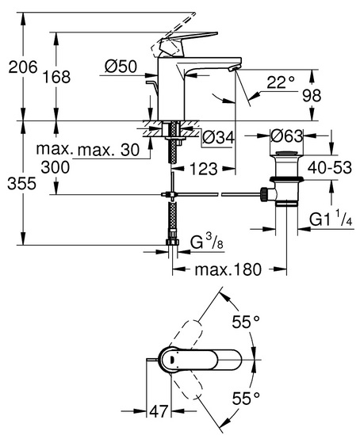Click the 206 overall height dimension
(23, 67)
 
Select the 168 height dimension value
(56, 77)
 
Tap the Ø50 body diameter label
(121, 67)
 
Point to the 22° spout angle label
(281, 82)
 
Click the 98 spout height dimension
(312, 95)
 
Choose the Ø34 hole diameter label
(218, 137)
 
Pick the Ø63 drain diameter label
(287, 136)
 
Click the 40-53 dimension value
(329, 167)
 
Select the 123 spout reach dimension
(204, 169)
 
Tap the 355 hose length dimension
(21, 183)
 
